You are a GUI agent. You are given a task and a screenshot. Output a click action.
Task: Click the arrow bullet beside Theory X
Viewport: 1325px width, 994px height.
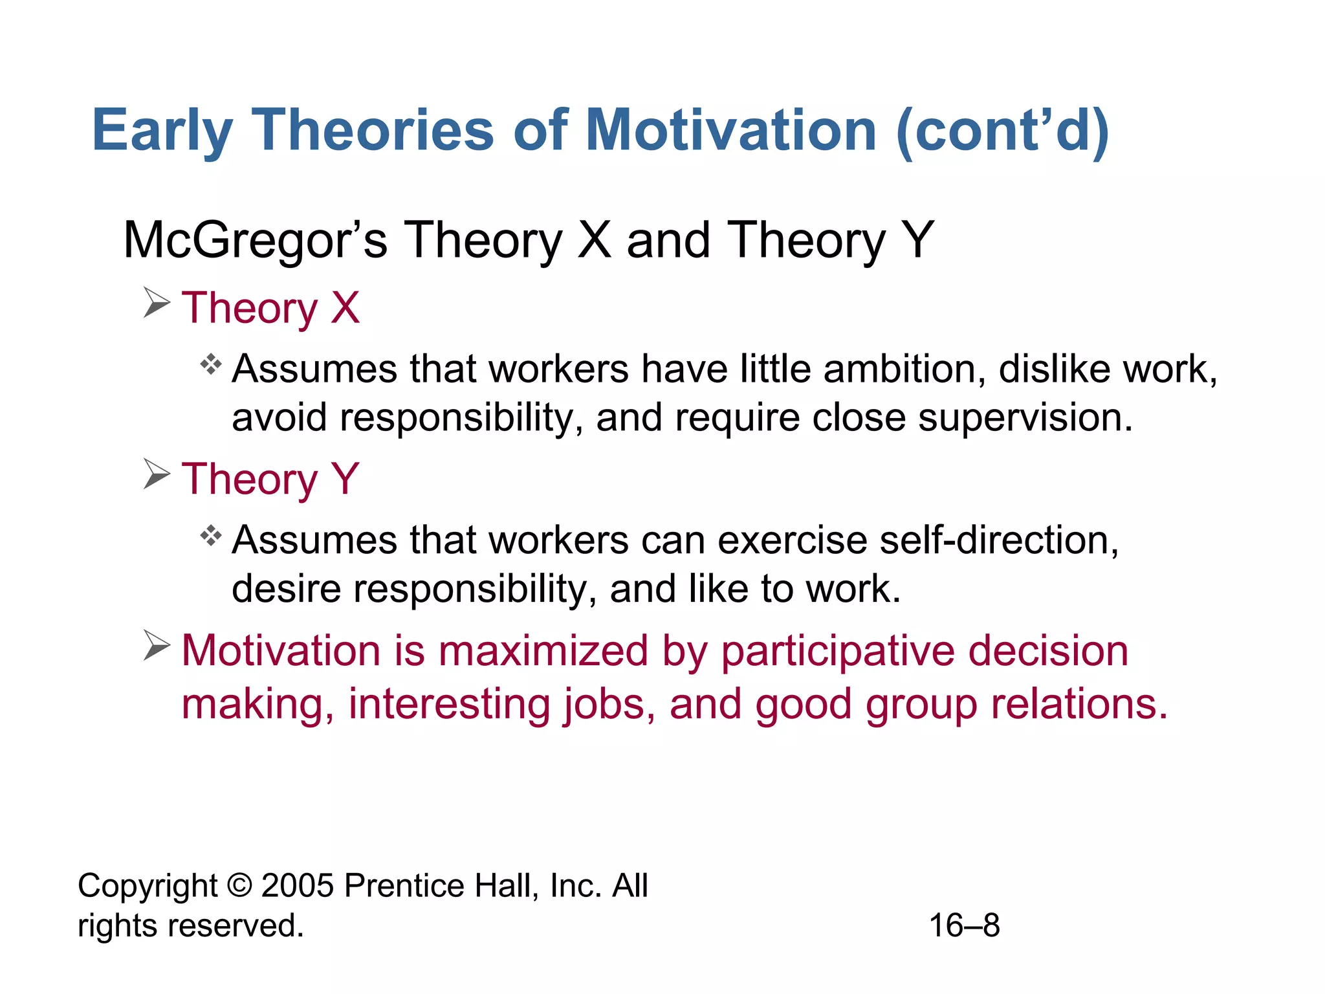point(157,303)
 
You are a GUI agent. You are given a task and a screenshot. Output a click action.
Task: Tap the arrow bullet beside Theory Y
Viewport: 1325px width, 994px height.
point(157,474)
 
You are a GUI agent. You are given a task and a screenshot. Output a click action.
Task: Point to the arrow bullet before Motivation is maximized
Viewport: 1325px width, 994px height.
point(157,646)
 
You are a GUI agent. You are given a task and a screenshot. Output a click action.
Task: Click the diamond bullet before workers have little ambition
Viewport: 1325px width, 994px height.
point(211,365)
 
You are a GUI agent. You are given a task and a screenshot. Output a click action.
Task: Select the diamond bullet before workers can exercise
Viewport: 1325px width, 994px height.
point(211,536)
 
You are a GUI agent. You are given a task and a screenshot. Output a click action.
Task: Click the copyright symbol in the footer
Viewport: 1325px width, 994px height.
point(239,885)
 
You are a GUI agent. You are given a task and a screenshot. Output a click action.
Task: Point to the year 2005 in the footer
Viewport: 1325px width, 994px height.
point(298,885)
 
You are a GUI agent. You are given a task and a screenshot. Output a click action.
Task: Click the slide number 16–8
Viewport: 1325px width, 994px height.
point(964,925)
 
